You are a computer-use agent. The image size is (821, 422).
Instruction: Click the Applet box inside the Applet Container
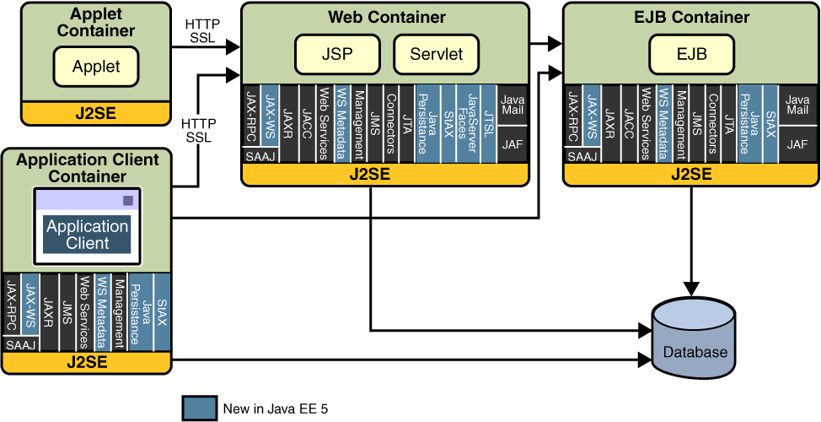96,67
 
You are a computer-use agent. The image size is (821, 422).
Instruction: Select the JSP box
336,54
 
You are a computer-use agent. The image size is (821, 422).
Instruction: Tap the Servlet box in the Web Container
437,54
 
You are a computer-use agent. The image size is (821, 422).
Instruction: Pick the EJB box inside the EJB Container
690,54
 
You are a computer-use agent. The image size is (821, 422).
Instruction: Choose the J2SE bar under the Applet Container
96,112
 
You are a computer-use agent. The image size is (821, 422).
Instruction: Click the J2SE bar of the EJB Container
690,175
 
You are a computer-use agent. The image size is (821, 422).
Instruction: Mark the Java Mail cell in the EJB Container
797,105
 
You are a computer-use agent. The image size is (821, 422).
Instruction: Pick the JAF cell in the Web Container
512,144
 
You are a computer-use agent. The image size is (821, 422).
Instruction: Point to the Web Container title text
386,17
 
